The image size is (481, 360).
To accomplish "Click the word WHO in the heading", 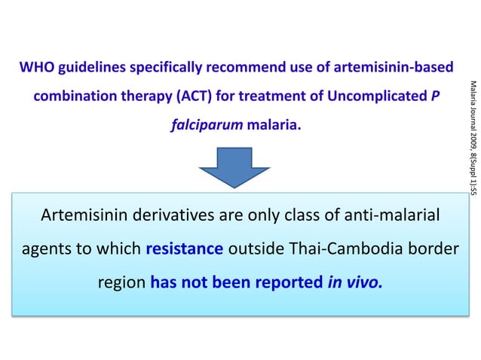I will click(35, 69).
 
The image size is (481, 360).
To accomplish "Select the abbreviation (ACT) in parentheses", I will click(198, 98).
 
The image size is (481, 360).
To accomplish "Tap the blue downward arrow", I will click(240, 165).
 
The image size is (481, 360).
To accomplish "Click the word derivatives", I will click(173, 217).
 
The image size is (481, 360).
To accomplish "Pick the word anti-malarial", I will click(384, 217).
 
